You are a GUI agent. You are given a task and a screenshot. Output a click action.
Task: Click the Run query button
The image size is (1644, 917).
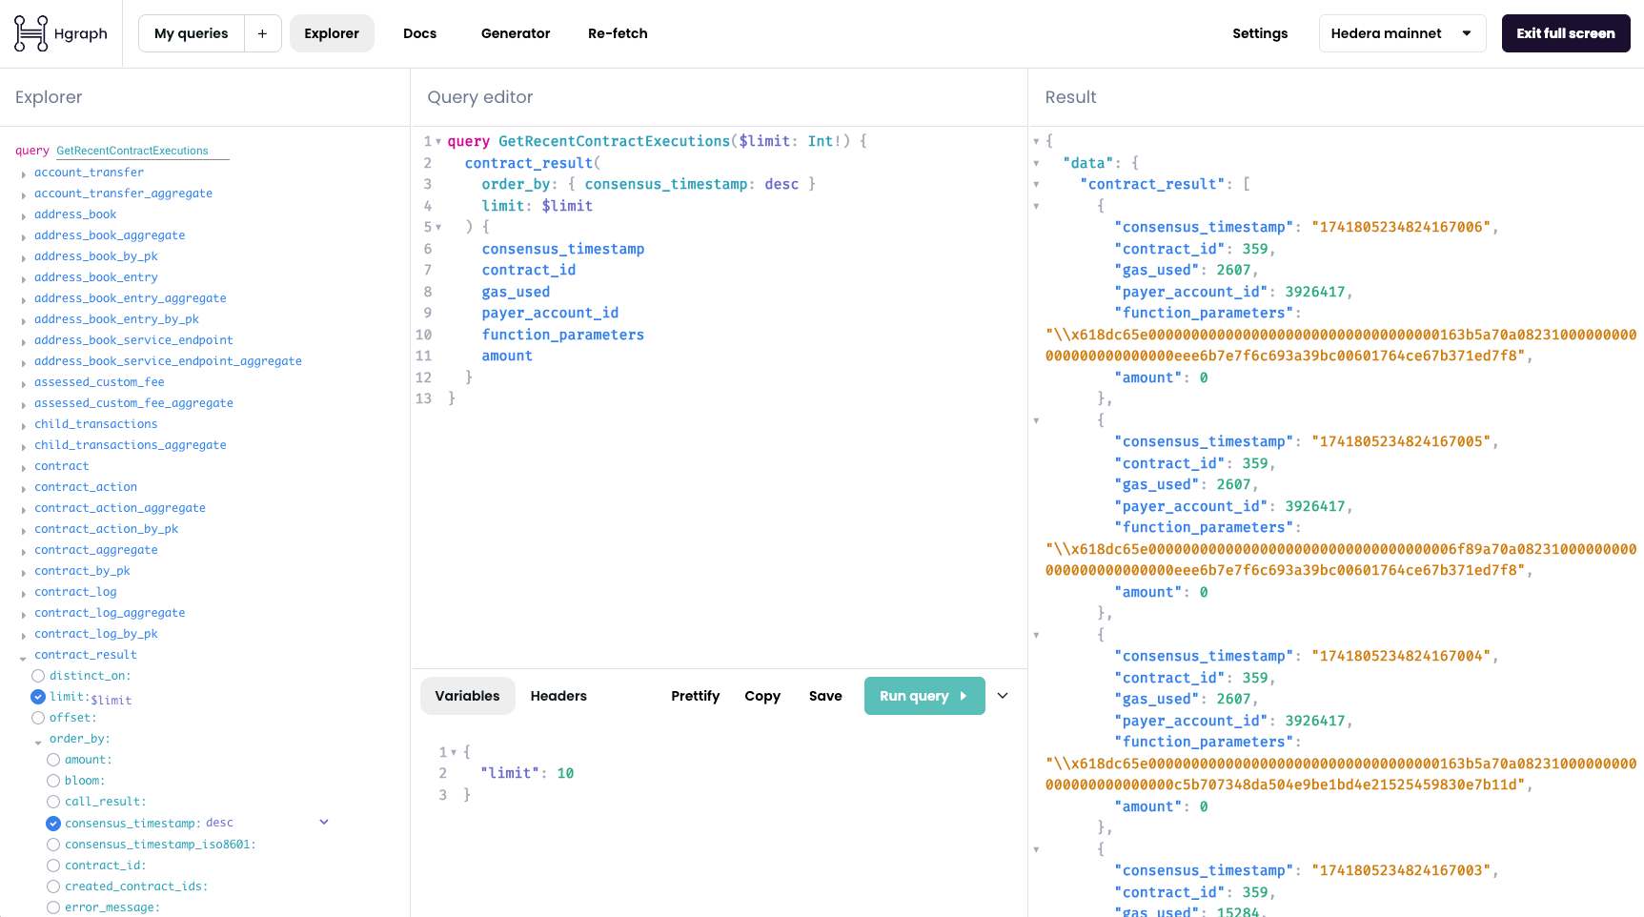coord(923,696)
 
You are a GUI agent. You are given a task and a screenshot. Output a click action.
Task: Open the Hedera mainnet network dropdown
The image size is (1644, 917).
coord(1401,33)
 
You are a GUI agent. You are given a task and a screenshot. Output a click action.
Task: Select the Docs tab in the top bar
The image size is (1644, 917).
coord(419,33)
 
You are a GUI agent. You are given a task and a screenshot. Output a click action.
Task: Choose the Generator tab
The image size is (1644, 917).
coord(516,33)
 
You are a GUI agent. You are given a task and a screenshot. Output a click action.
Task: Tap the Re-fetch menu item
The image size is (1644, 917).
coord(618,33)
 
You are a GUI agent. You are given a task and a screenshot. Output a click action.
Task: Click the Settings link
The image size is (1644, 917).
coord(1259,33)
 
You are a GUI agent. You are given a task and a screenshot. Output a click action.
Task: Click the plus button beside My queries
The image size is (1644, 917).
coord(262,33)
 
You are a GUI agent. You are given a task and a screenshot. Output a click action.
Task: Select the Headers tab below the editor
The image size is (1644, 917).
coord(558,696)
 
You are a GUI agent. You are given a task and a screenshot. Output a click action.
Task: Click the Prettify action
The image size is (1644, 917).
coord(695,696)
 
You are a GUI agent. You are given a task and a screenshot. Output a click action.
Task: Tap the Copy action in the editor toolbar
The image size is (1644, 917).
coord(762,696)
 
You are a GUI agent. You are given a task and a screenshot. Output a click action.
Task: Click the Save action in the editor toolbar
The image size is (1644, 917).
coord(825,696)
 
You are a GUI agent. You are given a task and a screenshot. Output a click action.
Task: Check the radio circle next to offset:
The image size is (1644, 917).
coord(38,718)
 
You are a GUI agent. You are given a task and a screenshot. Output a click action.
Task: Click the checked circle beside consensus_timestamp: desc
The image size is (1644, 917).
coord(53,824)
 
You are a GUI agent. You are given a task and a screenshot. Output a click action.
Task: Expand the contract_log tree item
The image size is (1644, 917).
coord(23,593)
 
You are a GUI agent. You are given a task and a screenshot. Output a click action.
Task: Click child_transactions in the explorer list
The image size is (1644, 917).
coord(95,424)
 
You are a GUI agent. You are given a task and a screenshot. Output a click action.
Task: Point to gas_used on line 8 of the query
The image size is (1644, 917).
coord(516,292)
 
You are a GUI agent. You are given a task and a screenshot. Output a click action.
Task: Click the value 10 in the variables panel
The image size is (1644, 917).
coord(565,773)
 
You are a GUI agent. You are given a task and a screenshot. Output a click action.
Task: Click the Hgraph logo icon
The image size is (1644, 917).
coord(30,33)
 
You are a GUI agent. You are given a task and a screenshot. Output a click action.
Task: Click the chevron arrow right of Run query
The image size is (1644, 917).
coord(1003,696)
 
